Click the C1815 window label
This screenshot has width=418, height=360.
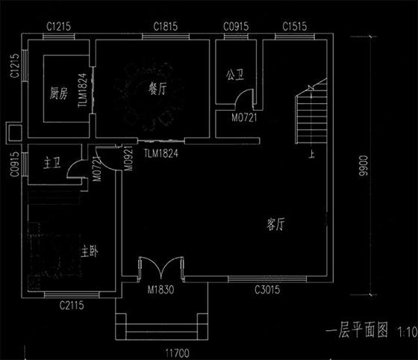tap(166, 27)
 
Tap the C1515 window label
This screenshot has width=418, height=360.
tap(295, 27)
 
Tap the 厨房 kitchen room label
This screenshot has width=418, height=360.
tap(59, 93)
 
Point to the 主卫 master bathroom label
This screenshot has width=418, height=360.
tap(52, 163)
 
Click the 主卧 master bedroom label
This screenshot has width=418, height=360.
tap(90, 250)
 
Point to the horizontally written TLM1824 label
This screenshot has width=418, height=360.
tap(161, 153)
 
